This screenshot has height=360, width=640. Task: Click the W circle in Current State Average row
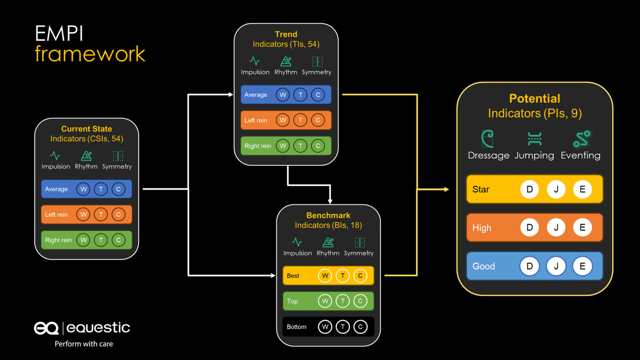[x=83, y=189]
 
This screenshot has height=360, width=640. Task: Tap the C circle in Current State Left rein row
[x=118, y=214]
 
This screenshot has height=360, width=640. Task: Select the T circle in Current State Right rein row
[x=101, y=240]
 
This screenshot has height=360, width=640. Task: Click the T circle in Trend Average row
[x=300, y=95]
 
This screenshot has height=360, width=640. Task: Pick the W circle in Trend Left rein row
[x=283, y=120]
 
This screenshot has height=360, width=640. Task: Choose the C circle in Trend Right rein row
[x=318, y=146]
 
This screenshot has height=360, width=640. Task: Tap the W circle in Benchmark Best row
[x=325, y=276]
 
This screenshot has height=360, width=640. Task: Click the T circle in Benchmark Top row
[x=343, y=301]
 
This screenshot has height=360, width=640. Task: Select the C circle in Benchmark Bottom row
[x=360, y=327]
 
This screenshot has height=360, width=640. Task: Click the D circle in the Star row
[x=530, y=189]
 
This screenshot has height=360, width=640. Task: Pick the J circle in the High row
[x=556, y=228]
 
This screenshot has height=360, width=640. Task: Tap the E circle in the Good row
[x=582, y=266]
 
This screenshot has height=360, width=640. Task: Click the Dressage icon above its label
[x=488, y=139]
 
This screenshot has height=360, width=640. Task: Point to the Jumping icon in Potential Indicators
[x=534, y=139]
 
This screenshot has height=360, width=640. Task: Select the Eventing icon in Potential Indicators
[x=582, y=139]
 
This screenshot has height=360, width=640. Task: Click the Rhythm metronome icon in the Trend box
[x=286, y=61]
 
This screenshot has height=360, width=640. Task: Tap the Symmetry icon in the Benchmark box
[x=360, y=242]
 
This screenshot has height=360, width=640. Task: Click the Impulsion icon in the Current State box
[x=55, y=156]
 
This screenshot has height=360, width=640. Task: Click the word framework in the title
[x=90, y=54]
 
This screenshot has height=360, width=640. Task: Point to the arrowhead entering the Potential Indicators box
[x=446, y=189]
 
